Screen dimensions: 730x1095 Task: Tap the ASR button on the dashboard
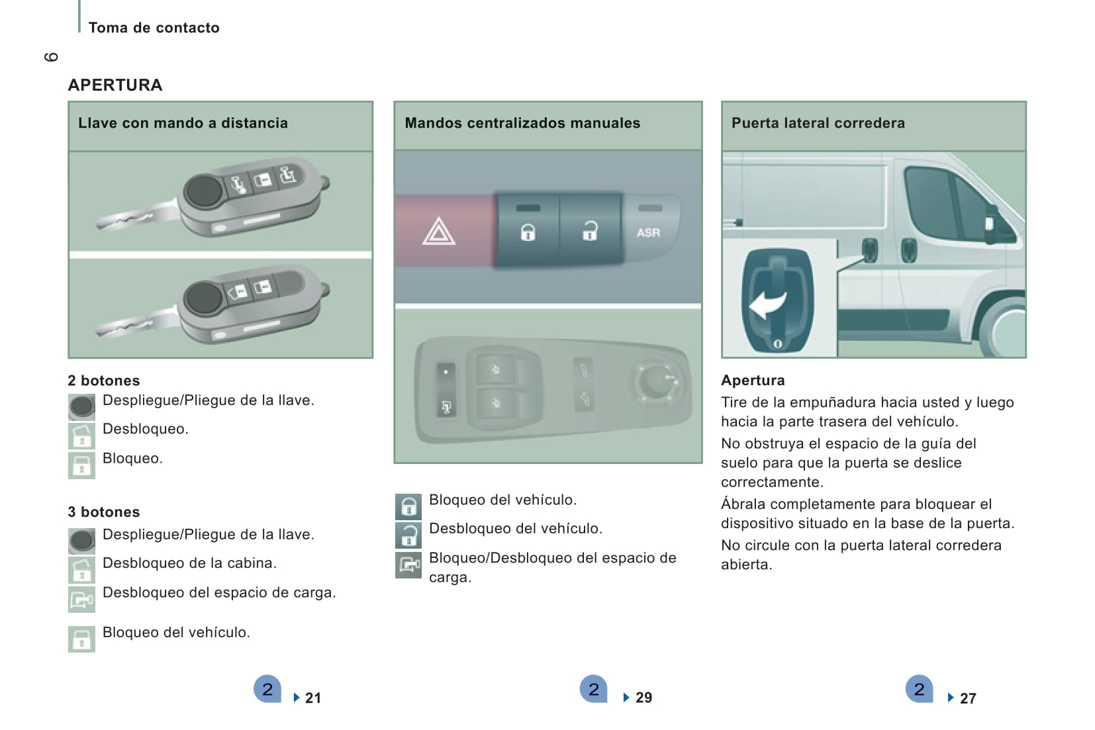[x=648, y=232]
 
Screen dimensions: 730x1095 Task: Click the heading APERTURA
[x=115, y=85]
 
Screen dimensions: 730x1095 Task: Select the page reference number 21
[x=312, y=698]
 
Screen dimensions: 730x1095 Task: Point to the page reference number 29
[x=643, y=698]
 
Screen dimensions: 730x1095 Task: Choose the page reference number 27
[x=967, y=698]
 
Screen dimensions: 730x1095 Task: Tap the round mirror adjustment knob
[x=655, y=381]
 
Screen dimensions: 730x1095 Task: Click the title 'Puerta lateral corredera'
[x=818, y=123]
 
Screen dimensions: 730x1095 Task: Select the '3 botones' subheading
[x=104, y=512]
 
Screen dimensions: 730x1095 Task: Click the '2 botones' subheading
[x=104, y=381]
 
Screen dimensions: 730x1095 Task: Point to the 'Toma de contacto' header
[x=154, y=28]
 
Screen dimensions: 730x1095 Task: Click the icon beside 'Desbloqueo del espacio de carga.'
[x=81, y=599]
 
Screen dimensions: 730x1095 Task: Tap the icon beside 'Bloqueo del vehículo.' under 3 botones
[x=81, y=639]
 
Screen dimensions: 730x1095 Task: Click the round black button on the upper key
[x=203, y=191]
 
